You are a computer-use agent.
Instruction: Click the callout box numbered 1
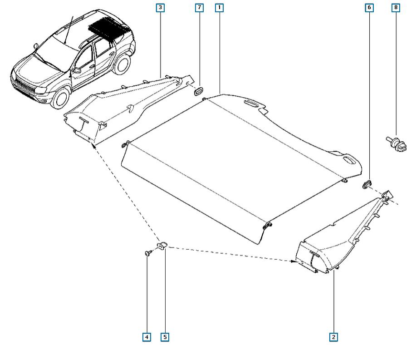tap(219, 8)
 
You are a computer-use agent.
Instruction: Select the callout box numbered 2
tap(333, 337)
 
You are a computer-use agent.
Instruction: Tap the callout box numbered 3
tap(160, 8)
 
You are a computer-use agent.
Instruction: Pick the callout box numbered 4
tap(147, 337)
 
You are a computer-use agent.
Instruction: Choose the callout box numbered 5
tap(165, 337)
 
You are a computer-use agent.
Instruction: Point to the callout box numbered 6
tap(369, 8)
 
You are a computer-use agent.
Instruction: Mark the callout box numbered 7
tap(199, 8)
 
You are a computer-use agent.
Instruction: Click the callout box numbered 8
tap(396, 7)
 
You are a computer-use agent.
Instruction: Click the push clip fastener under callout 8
tap(396, 144)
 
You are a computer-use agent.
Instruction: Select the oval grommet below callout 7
tap(198, 91)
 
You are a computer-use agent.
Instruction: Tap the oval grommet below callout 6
tap(367, 184)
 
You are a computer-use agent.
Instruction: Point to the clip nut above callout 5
tap(162, 245)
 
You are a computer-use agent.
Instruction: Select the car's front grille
tap(25, 85)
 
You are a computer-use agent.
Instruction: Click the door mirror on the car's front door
tap(76, 70)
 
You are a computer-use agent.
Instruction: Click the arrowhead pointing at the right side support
tap(293, 261)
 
